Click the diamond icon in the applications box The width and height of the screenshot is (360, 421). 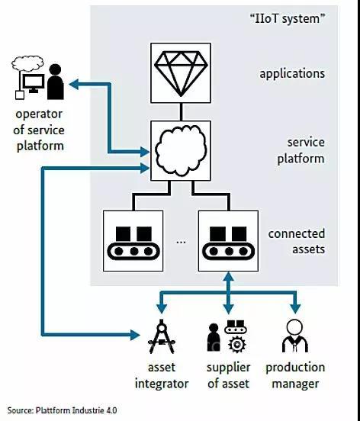tap(181, 73)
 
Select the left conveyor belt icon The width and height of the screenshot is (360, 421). tap(133, 243)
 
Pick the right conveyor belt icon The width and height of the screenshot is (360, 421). tap(228, 243)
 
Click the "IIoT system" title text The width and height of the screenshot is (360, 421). tap(288, 19)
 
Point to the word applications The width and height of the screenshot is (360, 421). tap(292, 73)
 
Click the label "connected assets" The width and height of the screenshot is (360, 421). tap(297, 241)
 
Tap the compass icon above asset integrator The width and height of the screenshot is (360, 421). tap(162, 336)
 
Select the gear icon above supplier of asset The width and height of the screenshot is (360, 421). tap(236, 344)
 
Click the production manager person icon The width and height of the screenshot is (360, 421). tap(294, 336)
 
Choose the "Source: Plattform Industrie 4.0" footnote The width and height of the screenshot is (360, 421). tap(62, 410)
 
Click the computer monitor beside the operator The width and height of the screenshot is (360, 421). tap(34, 83)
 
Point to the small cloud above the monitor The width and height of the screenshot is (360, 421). tap(27, 63)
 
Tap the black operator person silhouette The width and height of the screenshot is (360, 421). tap(56, 82)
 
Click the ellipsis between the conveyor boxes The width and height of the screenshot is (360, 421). tap(181, 242)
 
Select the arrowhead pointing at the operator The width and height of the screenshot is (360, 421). tap(73, 85)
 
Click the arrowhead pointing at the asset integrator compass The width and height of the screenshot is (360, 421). tap(135, 335)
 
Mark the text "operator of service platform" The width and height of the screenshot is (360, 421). tap(40, 130)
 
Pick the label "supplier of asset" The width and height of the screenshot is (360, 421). tap(228, 375)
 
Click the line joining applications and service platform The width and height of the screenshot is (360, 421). tap(181, 111)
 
